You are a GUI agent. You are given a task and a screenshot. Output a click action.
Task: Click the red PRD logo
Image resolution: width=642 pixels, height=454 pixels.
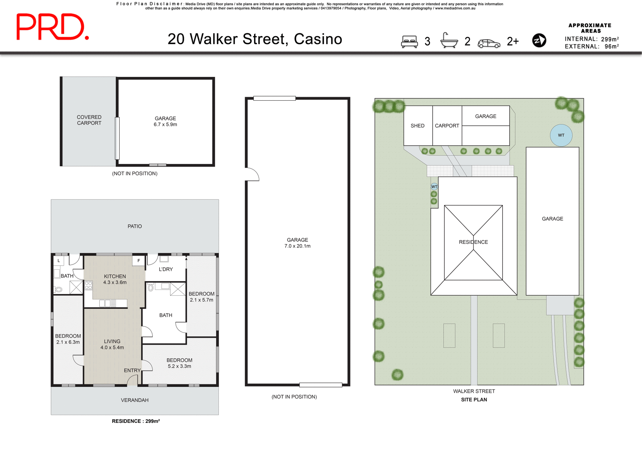pyautogui.click(x=52, y=27)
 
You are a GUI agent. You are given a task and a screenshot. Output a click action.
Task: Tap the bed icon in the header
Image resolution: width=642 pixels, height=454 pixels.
pyautogui.click(x=409, y=41)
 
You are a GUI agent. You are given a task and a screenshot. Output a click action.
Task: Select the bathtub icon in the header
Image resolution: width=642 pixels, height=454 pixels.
pyautogui.click(x=449, y=41)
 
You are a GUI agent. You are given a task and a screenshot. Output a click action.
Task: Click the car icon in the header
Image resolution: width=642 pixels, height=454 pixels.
pyautogui.click(x=489, y=43)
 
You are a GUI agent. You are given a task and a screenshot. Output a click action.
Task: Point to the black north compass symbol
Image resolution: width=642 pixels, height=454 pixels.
pyautogui.click(x=539, y=40)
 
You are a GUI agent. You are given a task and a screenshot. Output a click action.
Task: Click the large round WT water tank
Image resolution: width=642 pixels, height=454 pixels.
pyautogui.click(x=561, y=135)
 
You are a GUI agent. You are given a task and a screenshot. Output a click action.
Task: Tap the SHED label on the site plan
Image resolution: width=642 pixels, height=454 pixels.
pyautogui.click(x=417, y=126)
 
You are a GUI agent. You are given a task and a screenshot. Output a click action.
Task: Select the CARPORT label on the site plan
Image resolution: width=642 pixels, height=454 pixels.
pyautogui.click(x=447, y=126)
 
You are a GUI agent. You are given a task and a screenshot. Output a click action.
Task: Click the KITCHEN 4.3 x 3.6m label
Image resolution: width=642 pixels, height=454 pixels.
pyautogui.click(x=115, y=279)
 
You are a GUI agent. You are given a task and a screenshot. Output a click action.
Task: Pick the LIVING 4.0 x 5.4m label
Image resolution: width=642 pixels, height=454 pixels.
pyautogui.click(x=112, y=344)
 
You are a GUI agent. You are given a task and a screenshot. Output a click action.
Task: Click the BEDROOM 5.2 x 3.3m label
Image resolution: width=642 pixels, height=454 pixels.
pyautogui.click(x=179, y=363)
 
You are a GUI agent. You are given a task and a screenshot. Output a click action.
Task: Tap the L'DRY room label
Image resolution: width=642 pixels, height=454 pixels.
pyautogui.click(x=166, y=269)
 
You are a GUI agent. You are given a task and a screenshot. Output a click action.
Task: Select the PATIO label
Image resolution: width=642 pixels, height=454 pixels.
pyautogui.click(x=134, y=226)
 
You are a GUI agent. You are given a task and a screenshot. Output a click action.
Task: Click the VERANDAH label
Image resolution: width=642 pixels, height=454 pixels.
pyautogui.click(x=134, y=400)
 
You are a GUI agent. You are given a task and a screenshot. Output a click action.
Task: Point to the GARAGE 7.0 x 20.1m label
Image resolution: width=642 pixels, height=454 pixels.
pyautogui.click(x=297, y=243)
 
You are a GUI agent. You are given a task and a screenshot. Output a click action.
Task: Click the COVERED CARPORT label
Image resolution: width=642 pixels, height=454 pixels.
pyautogui.click(x=89, y=120)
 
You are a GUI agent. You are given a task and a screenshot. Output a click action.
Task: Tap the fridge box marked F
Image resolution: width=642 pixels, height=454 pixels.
pyautogui.click(x=138, y=261)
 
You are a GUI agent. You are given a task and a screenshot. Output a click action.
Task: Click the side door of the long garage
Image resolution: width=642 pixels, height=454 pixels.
pyautogui.click(x=251, y=174)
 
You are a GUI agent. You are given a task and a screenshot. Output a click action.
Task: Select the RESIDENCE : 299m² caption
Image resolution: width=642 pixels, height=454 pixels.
pyautogui.click(x=135, y=421)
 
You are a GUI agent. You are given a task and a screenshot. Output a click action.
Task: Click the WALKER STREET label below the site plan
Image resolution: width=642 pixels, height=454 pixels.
pyautogui.click(x=474, y=391)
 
